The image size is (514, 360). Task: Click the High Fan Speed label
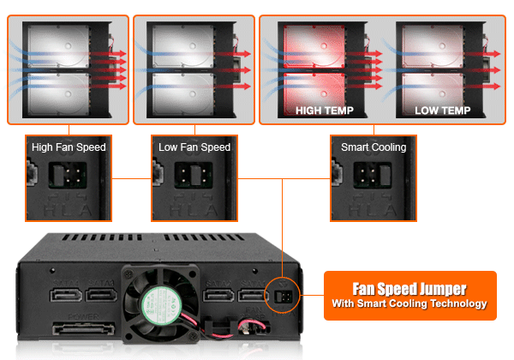tap(69, 147)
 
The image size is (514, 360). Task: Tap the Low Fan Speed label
tap(194, 147)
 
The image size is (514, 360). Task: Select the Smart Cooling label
tap(374, 147)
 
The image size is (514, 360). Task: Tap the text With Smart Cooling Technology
tap(409, 303)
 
